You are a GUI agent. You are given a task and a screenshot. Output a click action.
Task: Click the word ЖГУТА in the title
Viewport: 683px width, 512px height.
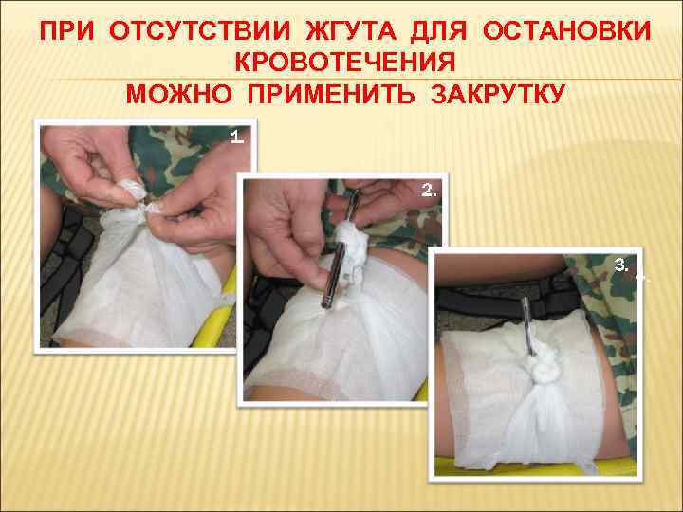(x=351, y=31)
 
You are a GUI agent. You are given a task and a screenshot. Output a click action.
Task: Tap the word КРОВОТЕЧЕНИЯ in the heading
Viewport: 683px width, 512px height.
(x=345, y=63)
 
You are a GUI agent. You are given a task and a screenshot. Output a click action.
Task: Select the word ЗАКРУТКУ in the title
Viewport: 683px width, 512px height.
(x=498, y=94)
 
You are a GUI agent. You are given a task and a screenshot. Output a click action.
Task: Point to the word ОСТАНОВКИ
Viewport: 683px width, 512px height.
(x=566, y=31)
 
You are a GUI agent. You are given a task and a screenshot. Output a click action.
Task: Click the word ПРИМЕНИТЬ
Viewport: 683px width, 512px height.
(x=331, y=94)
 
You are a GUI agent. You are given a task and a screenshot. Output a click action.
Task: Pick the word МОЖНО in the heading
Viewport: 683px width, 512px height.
(x=178, y=94)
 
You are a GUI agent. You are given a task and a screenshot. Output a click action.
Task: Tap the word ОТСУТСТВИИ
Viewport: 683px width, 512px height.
(x=199, y=31)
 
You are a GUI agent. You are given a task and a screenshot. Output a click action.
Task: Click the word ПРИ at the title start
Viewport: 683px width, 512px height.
(x=66, y=31)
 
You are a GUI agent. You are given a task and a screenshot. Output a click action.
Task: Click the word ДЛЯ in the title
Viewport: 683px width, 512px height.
(x=438, y=31)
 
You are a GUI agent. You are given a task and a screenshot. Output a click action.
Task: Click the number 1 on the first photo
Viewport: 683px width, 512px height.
(x=236, y=138)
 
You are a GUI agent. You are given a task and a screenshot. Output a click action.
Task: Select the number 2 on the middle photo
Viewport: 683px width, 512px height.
(x=429, y=191)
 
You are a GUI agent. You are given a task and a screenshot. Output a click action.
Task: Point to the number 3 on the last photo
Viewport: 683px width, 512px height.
(x=621, y=265)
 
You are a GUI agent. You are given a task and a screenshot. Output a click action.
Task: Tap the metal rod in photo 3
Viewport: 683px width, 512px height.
(x=528, y=325)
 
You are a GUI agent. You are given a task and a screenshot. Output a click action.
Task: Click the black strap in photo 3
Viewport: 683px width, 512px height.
(x=508, y=302)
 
